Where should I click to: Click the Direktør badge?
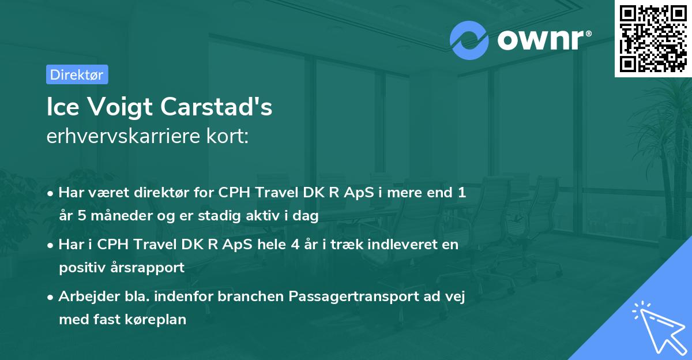(x=77, y=74)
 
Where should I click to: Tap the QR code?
(x=653, y=38)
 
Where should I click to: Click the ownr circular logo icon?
(x=469, y=40)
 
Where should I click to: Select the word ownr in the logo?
(x=539, y=40)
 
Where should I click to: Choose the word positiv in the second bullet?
(x=81, y=268)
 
